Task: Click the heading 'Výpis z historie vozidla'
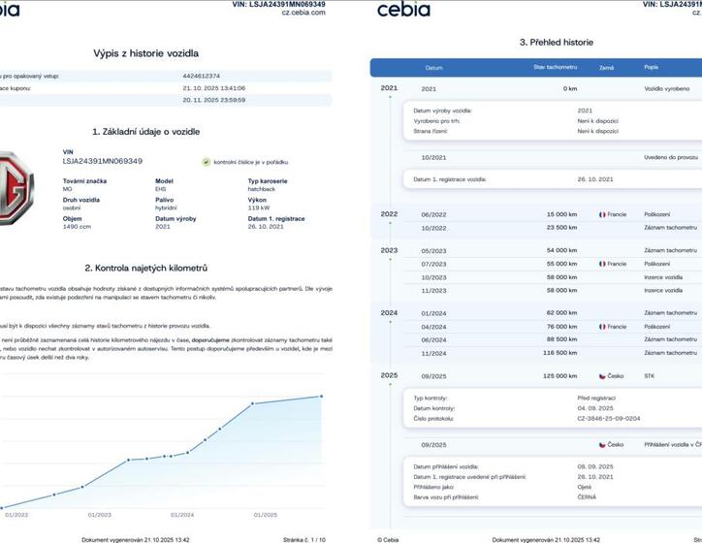145,53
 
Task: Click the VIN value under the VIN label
102,161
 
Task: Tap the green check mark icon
207,161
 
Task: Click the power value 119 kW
258,208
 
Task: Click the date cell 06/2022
432,214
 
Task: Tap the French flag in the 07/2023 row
603,264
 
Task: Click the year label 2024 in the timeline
390,313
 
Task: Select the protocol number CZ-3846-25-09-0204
608,419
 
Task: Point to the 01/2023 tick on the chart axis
100,515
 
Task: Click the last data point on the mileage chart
322,396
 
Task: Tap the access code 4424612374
202,75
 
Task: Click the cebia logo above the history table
403,10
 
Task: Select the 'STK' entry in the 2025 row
650,374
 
